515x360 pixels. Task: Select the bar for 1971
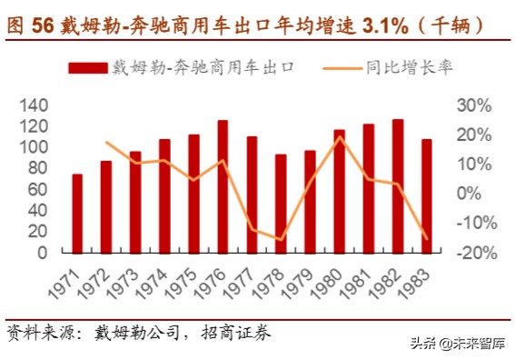pos(77,214)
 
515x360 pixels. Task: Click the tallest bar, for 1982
pos(398,185)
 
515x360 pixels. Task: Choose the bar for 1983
pos(427,195)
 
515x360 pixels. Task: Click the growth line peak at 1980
pos(339,137)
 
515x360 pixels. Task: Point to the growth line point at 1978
pos(281,239)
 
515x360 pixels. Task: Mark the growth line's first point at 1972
pos(106,142)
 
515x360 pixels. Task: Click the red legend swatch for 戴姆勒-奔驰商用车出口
pos(87,67)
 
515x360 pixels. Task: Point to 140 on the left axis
pos(33,106)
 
